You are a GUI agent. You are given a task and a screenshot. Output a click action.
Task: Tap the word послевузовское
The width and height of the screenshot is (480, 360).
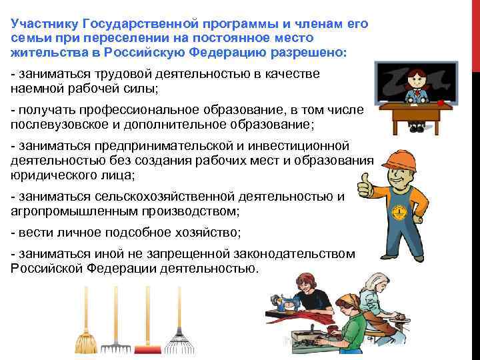[57, 123]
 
